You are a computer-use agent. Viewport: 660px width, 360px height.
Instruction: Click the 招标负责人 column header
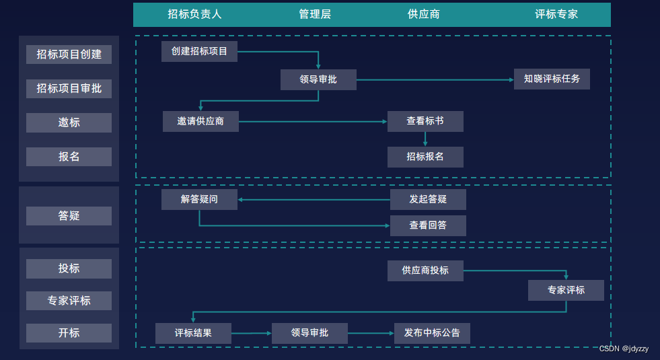(x=194, y=14)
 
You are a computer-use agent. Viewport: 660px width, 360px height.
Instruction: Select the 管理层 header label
(x=315, y=14)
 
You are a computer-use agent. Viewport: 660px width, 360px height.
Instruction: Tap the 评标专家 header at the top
(x=556, y=14)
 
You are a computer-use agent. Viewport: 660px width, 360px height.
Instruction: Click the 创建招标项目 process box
(x=199, y=51)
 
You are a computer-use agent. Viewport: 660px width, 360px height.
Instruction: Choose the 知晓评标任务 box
(x=552, y=79)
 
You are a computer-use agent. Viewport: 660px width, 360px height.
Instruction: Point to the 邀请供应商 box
(x=200, y=121)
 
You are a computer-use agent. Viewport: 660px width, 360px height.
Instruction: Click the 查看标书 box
(x=425, y=121)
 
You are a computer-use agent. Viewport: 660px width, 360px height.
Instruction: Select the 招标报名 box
(x=425, y=157)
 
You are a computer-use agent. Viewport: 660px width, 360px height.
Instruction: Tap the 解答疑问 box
(x=199, y=199)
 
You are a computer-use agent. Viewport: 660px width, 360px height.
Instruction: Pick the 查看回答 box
(x=428, y=225)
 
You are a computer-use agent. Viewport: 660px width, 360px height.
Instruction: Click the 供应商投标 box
(x=425, y=271)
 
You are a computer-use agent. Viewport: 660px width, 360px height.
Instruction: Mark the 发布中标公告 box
(x=432, y=333)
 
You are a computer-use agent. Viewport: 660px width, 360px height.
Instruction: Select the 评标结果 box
(x=193, y=333)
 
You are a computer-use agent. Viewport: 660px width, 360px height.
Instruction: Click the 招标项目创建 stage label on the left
(x=69, y=55)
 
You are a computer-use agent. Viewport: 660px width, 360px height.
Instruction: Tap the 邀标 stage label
(x=69, y=122)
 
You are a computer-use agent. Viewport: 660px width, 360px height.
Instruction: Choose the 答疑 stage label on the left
(x=69, y=216)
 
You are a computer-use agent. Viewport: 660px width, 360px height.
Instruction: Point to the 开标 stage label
(x=69, y=333)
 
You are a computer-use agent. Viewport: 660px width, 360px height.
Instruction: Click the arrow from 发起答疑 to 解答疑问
(x=314, y=199)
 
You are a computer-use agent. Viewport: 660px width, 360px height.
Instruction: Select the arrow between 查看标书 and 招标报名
(x=425, y=139)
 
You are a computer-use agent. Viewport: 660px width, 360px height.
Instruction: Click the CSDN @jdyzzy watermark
(x=624, y=349)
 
